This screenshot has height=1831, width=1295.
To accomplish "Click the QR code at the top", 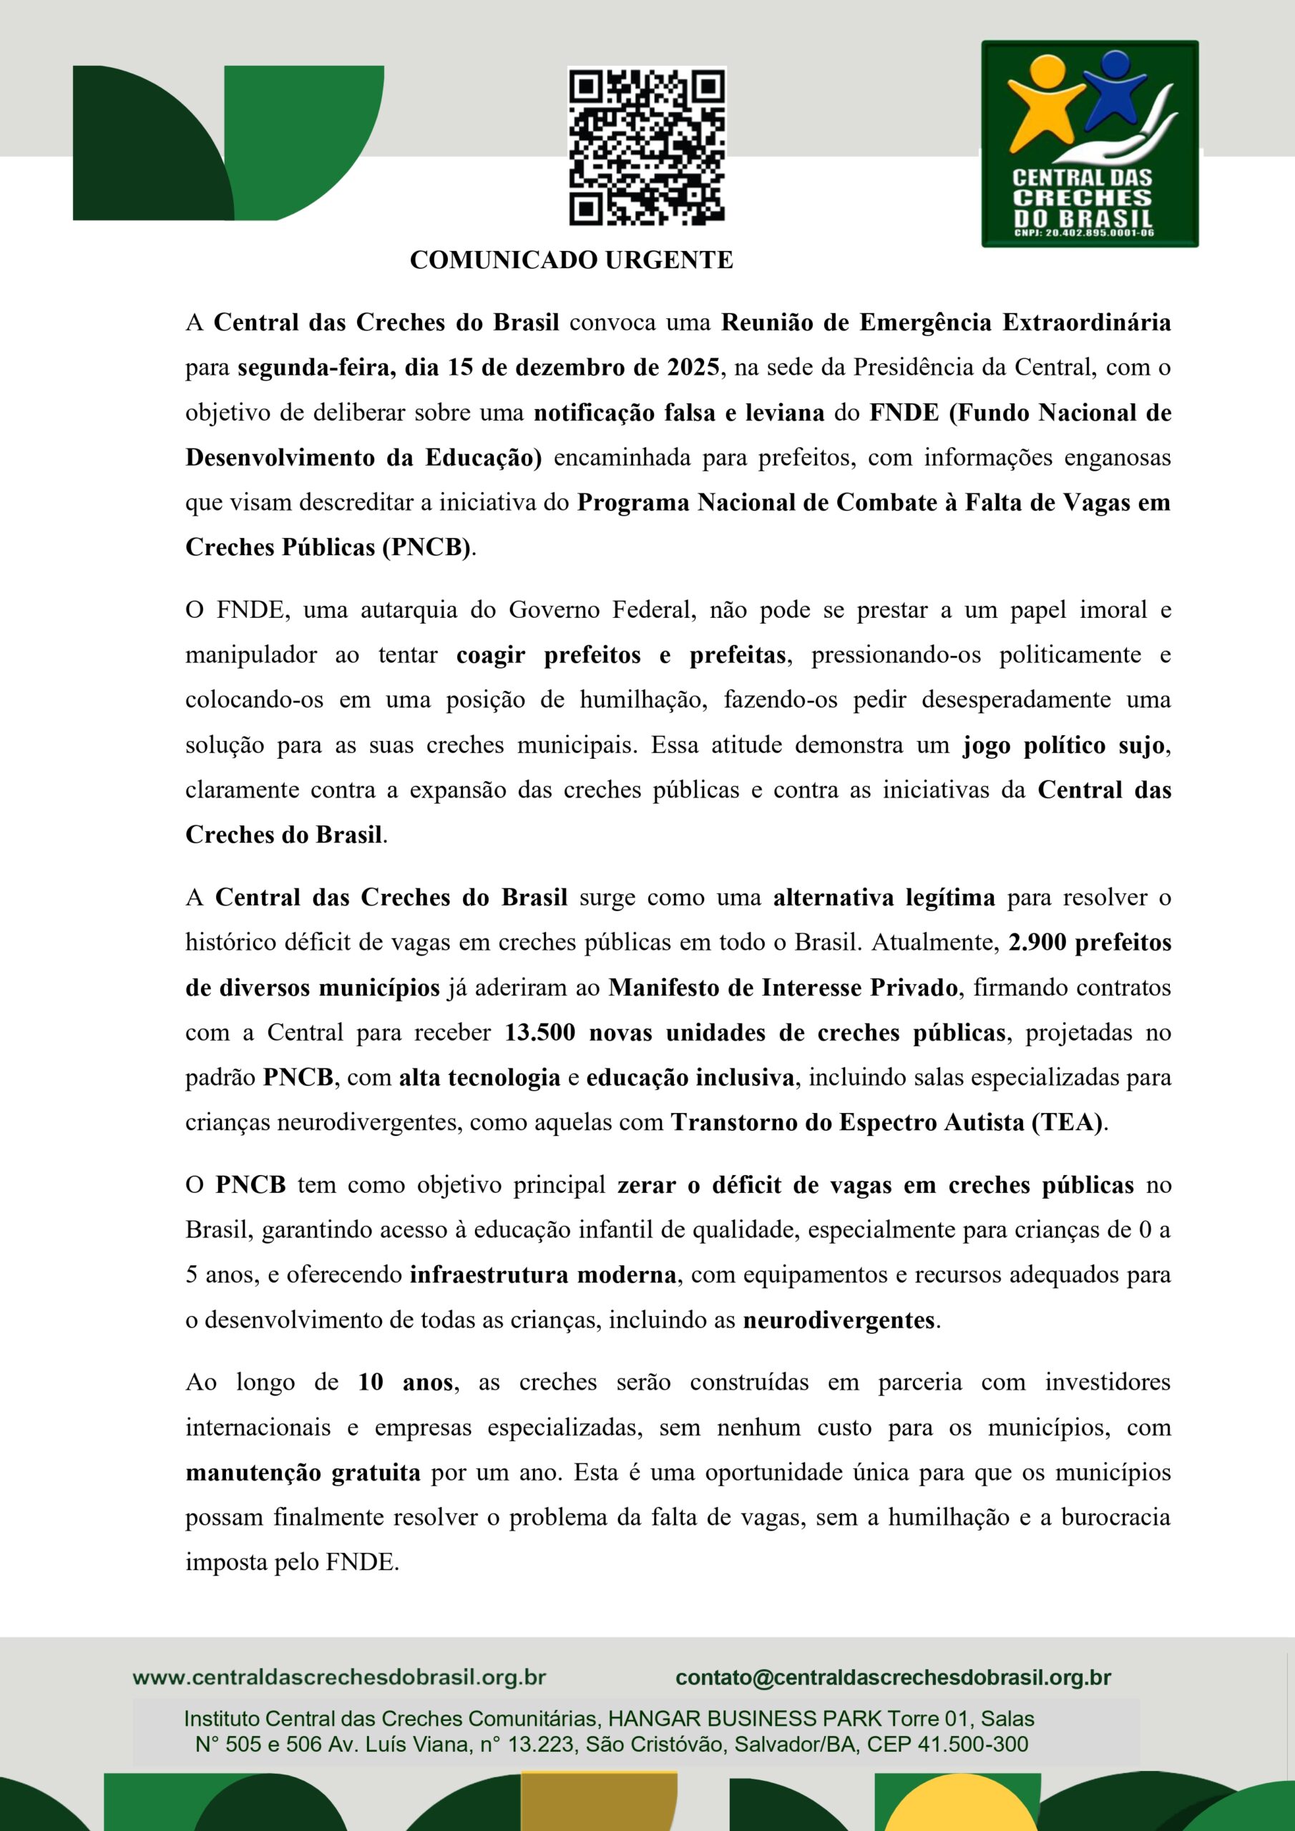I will [x=646, y=146].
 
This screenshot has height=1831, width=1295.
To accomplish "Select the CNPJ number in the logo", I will [x=1083, y=233].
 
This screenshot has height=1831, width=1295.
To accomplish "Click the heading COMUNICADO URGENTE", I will [x=571, y=260].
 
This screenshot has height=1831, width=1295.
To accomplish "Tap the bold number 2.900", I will [x=1037, y=942].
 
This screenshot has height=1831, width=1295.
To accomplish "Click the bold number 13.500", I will [x=539, y=1032].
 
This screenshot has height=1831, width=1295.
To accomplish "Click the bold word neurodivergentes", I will [x=839, y=1320].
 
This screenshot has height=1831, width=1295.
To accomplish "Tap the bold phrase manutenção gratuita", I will [x=303, y=1471].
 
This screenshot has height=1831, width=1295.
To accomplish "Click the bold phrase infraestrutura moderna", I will [x=543, y=1275].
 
